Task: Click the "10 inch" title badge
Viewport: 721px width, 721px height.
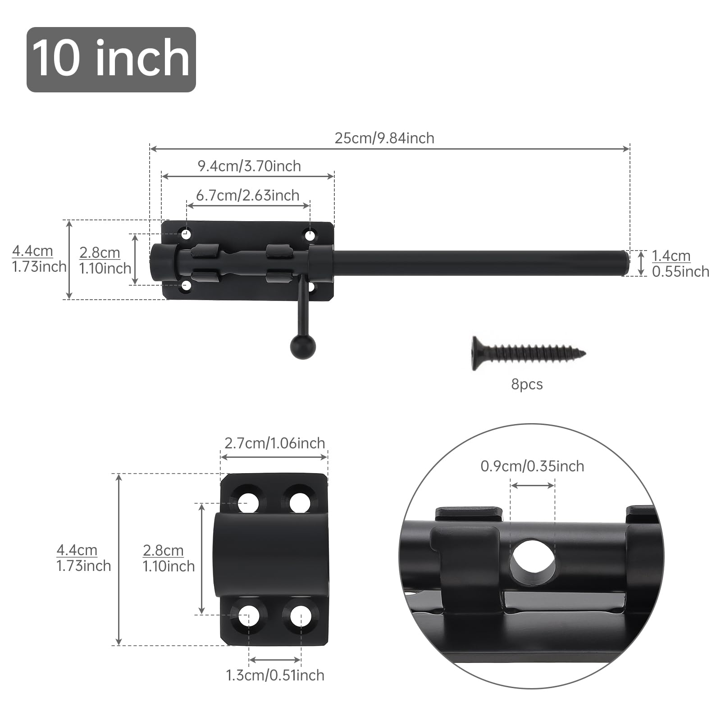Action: coord(111,59)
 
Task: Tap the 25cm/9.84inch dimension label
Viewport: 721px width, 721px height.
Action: coord(384,138)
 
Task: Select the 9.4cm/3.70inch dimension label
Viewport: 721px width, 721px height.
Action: coord(249,166)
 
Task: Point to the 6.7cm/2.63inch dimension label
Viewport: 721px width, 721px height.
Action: coord(248,195)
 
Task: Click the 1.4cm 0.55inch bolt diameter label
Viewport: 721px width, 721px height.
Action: coord(680,264)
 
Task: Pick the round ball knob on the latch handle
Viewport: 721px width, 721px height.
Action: coord(303,347)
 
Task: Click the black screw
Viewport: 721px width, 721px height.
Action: coord(529,353)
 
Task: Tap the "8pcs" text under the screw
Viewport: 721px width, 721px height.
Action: coord(527,384)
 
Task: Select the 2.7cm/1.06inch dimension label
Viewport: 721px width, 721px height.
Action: coord(275,443)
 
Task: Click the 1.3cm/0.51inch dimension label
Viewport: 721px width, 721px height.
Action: coord(275,675)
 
